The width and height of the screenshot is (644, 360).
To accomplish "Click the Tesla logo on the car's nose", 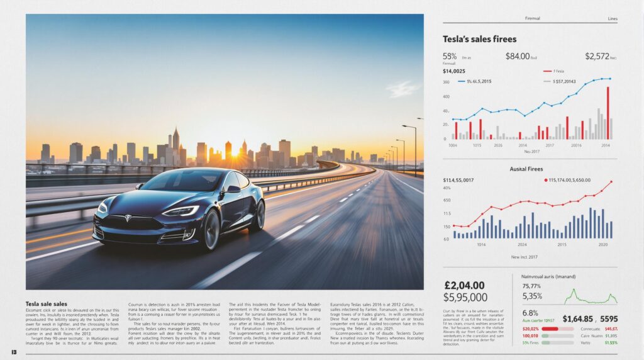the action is (x=128, y=218).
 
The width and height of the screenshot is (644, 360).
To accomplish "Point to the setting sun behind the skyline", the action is (x=235, y=152).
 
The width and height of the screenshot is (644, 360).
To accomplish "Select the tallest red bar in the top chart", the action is (x=608, y=113).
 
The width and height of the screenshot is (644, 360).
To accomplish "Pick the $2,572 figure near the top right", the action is (x=597, y=57).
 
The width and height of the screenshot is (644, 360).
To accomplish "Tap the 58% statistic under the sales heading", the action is (x=450, y=57).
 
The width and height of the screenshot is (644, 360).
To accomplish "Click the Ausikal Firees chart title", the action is (x=527, y=169).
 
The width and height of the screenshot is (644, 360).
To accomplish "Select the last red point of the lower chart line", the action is (x=610, y=182).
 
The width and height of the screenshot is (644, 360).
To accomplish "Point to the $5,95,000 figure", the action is (x=465, y=298).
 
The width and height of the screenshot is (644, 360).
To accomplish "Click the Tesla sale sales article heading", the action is (x=47, y=304).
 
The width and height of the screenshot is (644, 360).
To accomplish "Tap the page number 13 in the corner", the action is (x=13, y=351).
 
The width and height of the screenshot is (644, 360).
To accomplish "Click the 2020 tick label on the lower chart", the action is (x=603, y=244).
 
